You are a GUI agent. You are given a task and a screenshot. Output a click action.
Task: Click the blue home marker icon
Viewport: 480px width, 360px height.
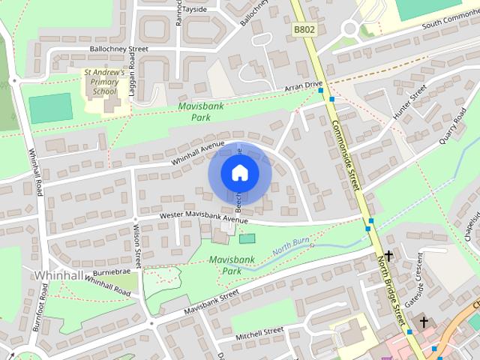tap(239, 173)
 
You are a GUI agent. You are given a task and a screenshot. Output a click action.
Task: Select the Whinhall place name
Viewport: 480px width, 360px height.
tap(58, 275)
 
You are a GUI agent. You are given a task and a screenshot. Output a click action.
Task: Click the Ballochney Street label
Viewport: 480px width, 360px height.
tap(118, 49)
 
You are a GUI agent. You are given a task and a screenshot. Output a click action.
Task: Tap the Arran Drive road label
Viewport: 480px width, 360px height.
tap(303, 87)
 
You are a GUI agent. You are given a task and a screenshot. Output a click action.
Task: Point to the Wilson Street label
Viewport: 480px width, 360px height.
tap(137, 247)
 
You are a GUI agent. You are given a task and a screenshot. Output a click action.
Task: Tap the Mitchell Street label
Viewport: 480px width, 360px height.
tap(259, 331)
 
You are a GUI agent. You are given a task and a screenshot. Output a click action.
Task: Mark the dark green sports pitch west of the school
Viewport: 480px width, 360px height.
tap(51, 108)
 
